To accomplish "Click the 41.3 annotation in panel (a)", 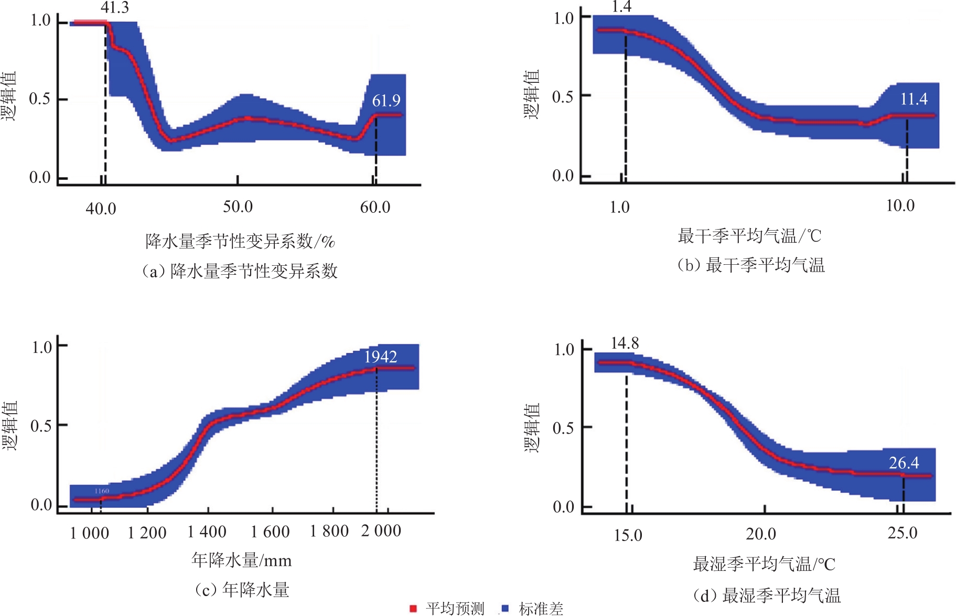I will coord(115,8).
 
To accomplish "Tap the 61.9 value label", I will coord(386,100).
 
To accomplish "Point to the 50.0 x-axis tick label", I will coord(238,207).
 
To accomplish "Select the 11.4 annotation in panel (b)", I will coord(914,99).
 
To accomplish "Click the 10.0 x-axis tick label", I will coord(900,206).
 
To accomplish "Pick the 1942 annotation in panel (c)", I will coord(380,356).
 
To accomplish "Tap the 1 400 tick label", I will coord(207,532).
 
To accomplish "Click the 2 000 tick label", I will coord(381,531).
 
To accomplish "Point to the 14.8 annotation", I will coord(625,343).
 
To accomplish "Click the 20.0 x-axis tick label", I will coord(760,534).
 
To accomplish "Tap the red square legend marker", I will coord(413,608).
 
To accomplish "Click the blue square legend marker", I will coord(506,608).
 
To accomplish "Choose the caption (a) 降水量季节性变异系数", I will coord(240,271).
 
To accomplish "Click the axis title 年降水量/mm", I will coord(241,560).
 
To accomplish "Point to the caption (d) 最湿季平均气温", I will coord(767,596).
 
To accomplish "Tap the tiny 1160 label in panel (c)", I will coord(102,491).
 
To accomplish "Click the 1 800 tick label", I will coord(329,531).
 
